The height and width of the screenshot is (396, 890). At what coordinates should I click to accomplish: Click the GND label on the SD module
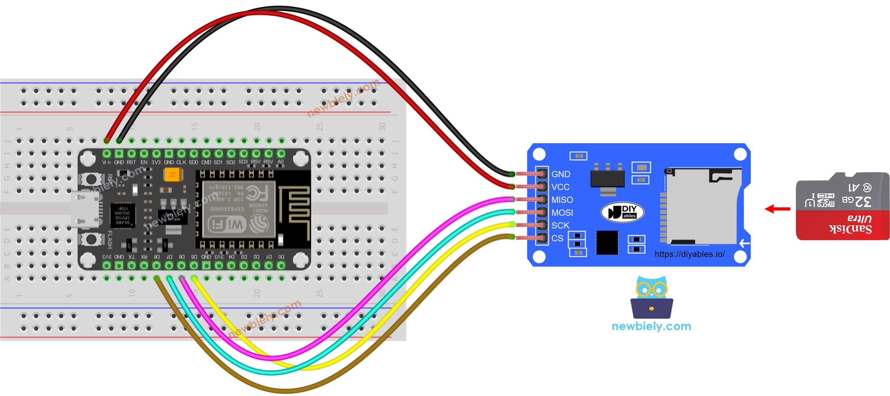(x=560, y=174)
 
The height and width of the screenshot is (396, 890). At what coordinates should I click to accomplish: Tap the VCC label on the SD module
(x=560, y=187)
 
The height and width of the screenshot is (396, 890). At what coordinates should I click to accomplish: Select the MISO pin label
(x=562, y=200)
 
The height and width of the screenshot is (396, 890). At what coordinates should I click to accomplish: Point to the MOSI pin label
(x=562, y=213)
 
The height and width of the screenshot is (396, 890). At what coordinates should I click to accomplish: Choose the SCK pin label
(x=560, y=225)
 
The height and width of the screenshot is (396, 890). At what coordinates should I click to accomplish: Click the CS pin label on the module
(x=557, y=238)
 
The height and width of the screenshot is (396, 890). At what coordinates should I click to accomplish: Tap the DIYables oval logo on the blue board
(x=622, y=212)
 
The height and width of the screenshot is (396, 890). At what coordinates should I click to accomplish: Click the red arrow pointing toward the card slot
(x=777, y=209)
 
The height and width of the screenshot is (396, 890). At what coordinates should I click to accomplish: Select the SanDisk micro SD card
(x=843, y=206)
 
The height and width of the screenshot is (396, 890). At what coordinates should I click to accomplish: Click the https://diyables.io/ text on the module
(x=689, y=254)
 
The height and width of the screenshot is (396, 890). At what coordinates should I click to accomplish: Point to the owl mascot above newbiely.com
(x=652, y=296)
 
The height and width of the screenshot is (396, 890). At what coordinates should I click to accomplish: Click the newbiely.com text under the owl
(x=651, y=326)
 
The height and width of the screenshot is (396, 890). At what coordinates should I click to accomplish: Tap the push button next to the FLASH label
(x=91, y=239)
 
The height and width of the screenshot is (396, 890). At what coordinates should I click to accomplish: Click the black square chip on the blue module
(x=607, y=242)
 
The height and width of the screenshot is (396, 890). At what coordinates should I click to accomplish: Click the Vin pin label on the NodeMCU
(x=106, y=162)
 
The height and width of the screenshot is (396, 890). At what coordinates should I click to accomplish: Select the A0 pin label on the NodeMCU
(x=280, y=162)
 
